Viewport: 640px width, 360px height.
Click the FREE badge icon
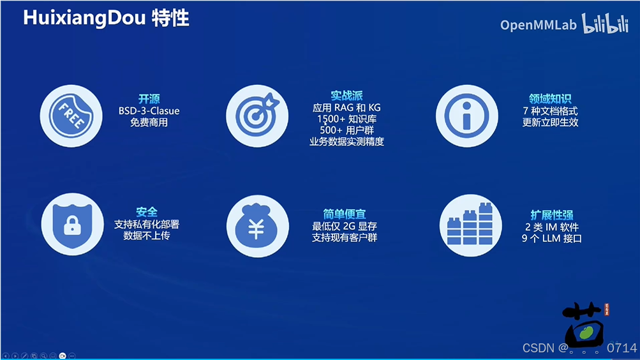[x=71, y=116]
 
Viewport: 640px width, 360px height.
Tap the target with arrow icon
[x=257, y=116]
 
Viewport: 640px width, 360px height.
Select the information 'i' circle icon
[x=466, y=116]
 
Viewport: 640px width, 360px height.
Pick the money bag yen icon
[x=257, y=225]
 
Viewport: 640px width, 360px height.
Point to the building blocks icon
[x=470, y=225]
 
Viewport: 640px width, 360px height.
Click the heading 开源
[x=149, y=99]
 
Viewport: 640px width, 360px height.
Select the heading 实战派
[x=346, y=96]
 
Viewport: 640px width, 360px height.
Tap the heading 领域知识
[x=550, y=99]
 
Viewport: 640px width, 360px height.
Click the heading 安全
[x=147, y=212]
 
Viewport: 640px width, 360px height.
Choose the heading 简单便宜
[x=345, y=214]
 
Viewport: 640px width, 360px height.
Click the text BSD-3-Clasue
[x=149, y=111]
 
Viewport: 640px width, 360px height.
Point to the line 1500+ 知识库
[x=346, y=119]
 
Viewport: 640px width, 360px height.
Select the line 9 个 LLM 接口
[x=551, y=239]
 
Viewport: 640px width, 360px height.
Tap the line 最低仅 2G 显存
[x=345, y=226]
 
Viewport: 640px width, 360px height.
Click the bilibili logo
[x=604, y=24]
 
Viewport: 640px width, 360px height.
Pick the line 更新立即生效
[x=550, y=122]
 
